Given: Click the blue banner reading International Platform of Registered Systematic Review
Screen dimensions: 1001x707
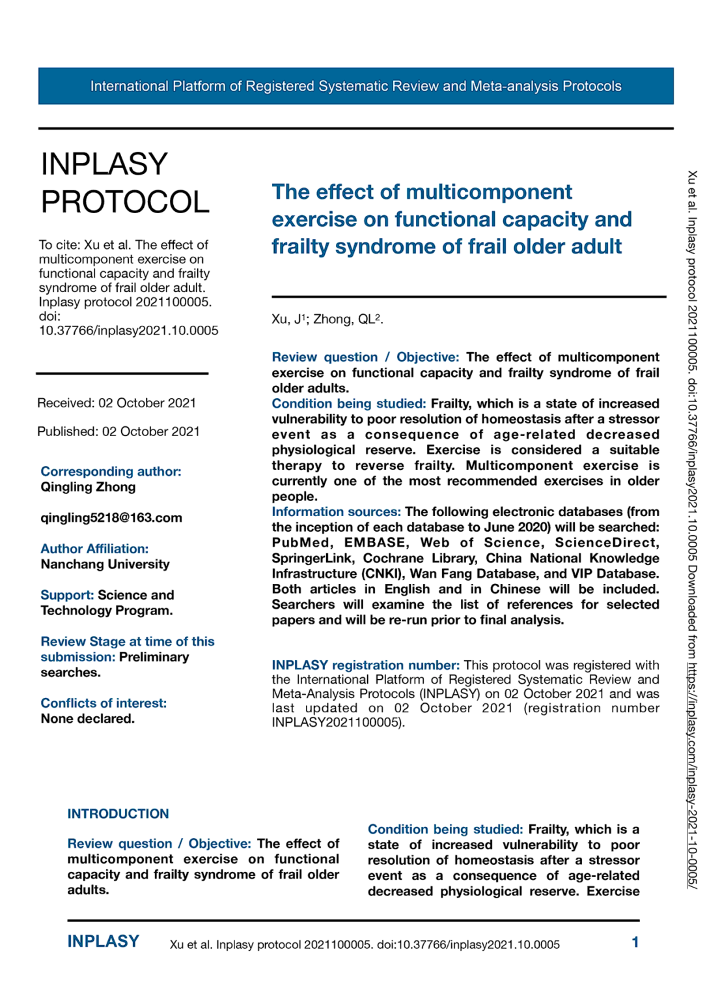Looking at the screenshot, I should click(355, 86).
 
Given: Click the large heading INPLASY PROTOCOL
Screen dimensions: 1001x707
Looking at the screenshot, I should click(125, 183).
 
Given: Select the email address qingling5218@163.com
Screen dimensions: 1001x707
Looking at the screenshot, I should click(111, 518).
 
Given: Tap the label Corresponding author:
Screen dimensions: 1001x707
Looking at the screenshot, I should click(111, 471).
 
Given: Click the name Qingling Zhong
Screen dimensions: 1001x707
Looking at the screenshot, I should click(88, 487).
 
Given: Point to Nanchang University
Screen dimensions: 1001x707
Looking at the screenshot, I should click(105, 564).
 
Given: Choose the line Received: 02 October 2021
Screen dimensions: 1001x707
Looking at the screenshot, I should click(117, 403).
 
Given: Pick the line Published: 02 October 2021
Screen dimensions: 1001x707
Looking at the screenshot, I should click(118, 431).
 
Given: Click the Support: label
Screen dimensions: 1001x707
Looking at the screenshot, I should click(67, 595).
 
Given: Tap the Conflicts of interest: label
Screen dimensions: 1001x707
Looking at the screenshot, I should click(104, 703).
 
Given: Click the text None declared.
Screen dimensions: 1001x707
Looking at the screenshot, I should click(87, 719).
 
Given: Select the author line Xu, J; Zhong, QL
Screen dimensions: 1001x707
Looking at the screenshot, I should click(327, 319).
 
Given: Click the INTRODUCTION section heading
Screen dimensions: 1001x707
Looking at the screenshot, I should click(118, 814).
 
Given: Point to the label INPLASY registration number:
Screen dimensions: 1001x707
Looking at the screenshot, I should click(365, 665).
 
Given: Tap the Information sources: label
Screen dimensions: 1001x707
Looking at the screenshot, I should click(336, 512).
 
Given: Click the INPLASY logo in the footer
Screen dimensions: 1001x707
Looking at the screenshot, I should click(103, 942).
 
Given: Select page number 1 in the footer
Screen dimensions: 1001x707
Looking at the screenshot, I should click(635, 942).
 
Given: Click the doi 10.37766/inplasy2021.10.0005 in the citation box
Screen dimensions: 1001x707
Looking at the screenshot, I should click(128, 331).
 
